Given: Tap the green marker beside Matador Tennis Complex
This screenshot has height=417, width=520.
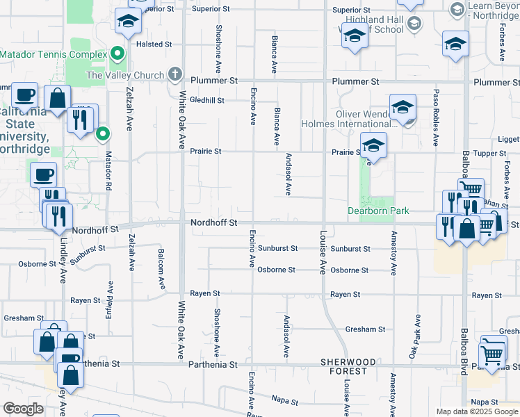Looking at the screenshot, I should (117, 54).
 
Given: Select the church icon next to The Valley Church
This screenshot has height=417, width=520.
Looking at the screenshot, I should (174, 74).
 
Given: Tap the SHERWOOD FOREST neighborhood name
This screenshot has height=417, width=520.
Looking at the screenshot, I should (348, 366).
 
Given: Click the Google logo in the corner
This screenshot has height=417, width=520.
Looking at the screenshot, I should (24, 408).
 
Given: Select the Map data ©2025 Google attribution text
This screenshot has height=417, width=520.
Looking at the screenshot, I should (477, 411).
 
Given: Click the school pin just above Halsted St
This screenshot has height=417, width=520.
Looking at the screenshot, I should (128, 24).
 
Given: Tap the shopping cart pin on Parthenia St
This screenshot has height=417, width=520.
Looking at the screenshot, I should (492, 355).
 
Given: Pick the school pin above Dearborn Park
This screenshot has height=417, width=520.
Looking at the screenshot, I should (373, 146).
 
